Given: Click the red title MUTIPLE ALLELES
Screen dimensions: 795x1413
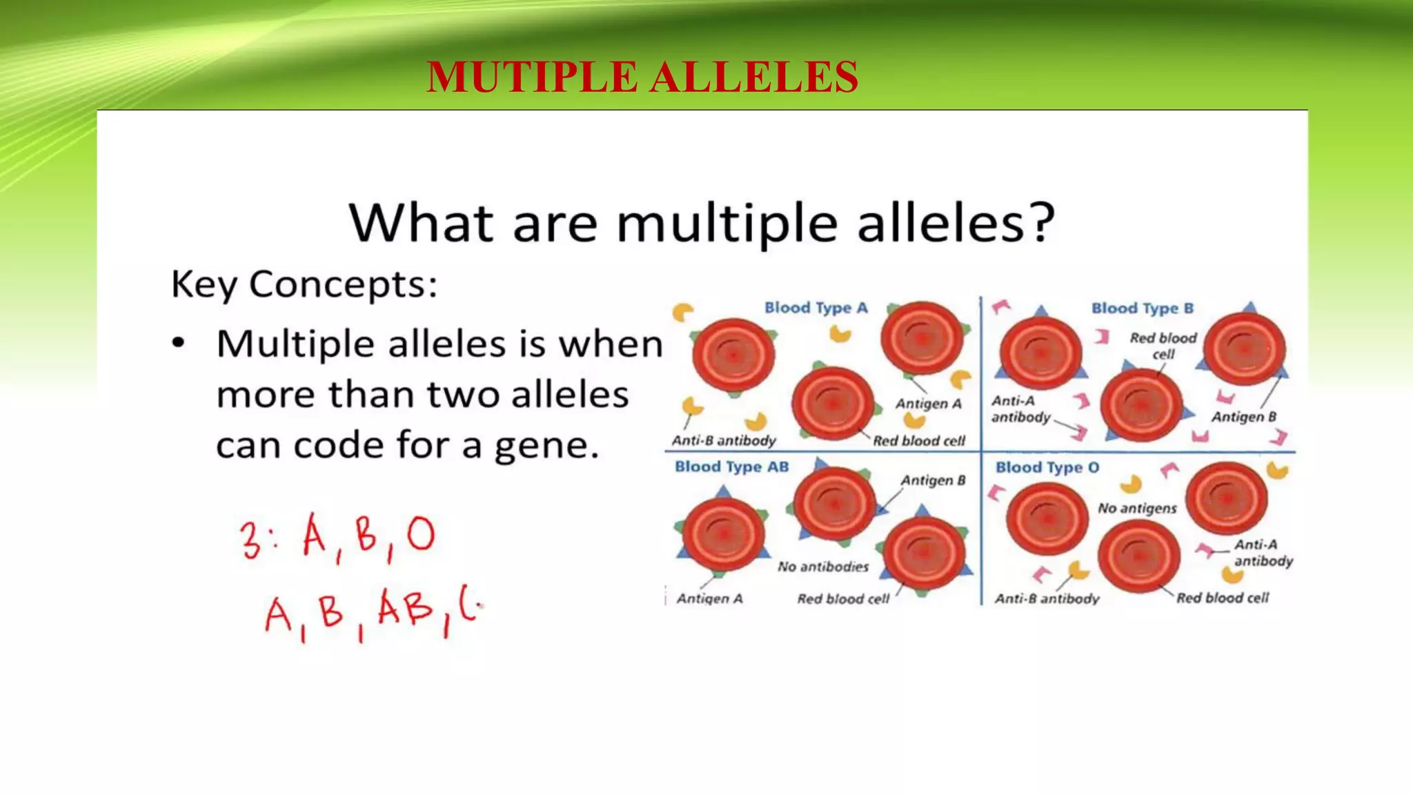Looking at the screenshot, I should (642, 77).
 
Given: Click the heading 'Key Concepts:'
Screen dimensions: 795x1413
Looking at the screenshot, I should (304, 284).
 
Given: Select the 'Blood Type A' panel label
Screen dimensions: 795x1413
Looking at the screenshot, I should (816, 308).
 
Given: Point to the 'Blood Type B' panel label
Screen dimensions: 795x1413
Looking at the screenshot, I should (1142, 308).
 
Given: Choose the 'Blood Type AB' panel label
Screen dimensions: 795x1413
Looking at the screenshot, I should (731, 467).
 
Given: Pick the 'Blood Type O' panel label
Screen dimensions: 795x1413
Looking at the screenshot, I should (1047, 468).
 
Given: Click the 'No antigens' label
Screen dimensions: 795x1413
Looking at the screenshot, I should (1137, 509).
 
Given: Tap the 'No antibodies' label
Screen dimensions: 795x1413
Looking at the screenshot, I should (823, 567).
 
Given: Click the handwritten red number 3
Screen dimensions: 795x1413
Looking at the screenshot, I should (250, 540).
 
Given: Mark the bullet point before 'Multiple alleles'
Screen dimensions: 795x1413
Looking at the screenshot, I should (179, 343).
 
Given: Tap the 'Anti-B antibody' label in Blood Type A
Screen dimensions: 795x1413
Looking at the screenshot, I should (724, 441).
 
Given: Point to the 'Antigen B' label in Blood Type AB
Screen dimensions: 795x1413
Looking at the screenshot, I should (933, 480).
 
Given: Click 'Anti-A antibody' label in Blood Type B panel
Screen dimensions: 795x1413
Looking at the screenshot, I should (1020, 409).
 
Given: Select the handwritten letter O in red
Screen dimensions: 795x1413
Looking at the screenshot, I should (421, 535).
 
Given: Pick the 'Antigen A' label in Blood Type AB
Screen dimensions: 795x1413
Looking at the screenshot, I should (709, 599).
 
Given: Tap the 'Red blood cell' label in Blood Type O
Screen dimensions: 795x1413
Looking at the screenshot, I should (1222, 598).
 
